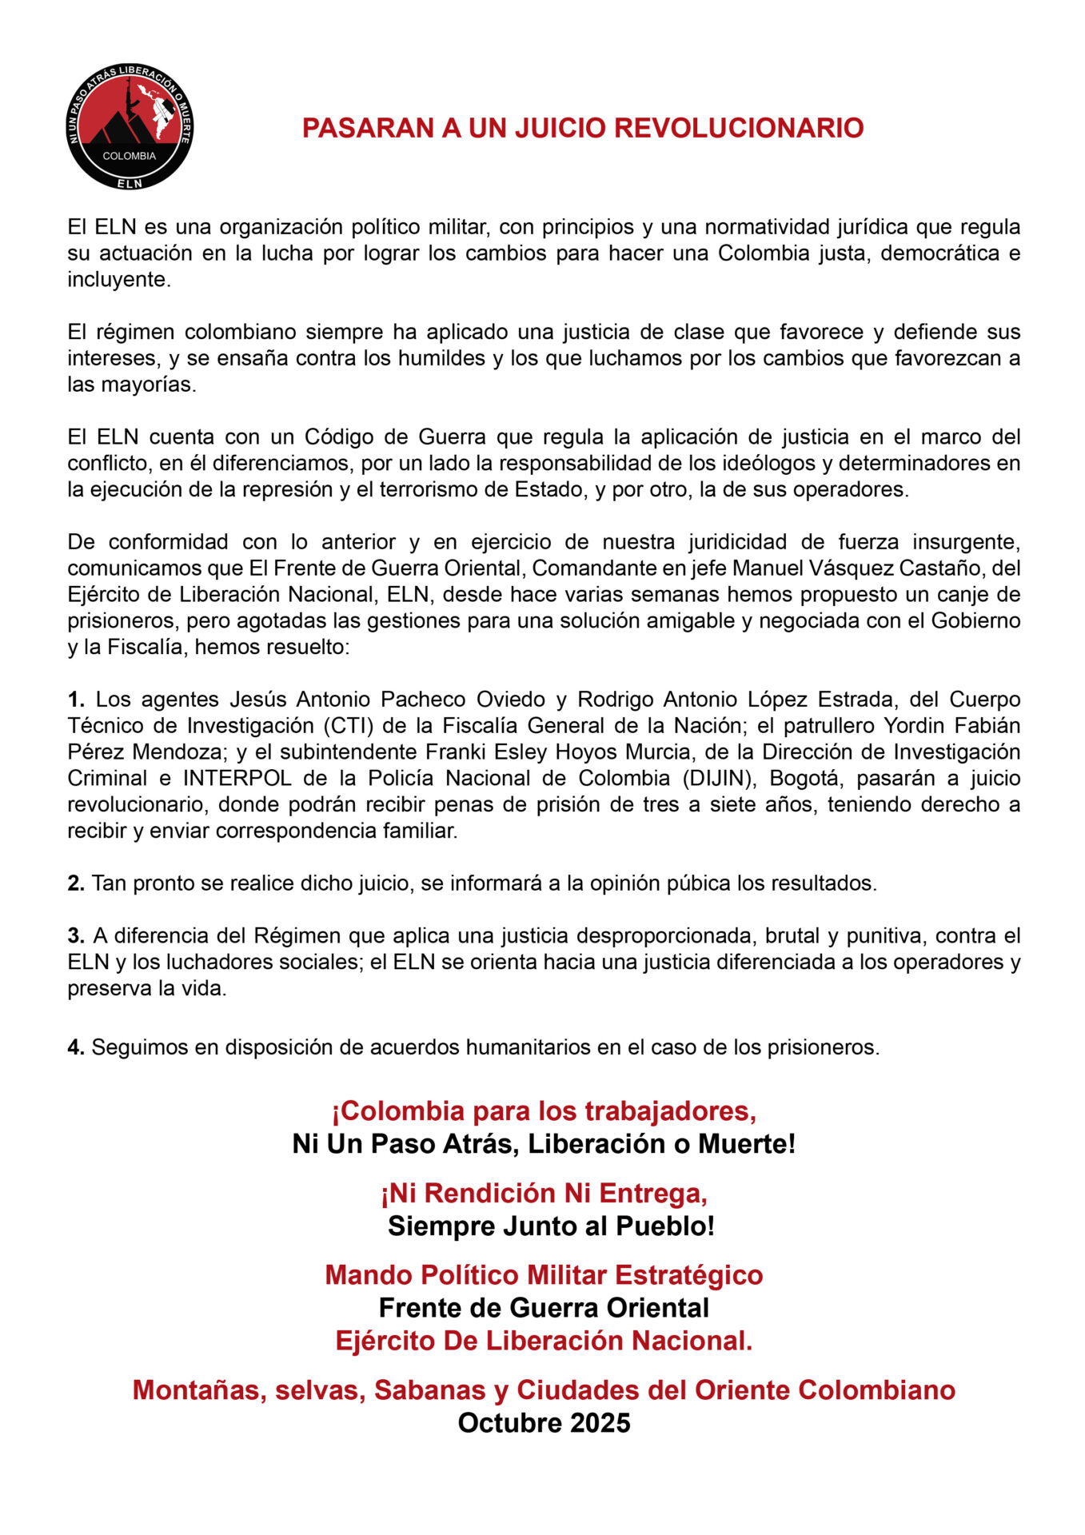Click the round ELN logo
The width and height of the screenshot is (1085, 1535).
point(130,126)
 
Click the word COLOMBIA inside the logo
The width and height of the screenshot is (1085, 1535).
point(130,156)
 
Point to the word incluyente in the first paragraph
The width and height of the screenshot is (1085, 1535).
point(118,280)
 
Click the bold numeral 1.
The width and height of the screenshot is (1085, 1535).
point(75,700)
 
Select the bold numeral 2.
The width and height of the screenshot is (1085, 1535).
point(75,883)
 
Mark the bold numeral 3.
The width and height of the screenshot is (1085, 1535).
point(75,935)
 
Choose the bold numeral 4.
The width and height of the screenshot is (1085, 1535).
point(75,1047)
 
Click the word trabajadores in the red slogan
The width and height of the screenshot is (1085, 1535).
point(670,1111)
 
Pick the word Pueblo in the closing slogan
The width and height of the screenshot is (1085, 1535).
point(665,1226)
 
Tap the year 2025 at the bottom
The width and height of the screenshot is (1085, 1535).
point(600,1423)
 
